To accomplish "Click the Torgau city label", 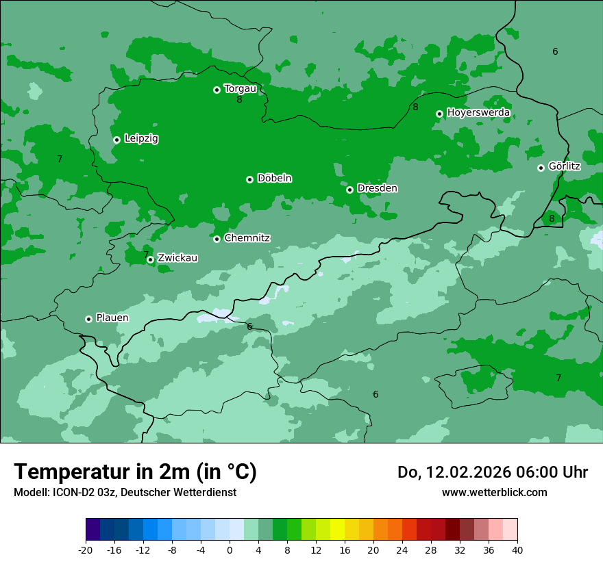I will (x=240, y=88).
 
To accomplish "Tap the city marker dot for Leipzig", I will (x=116, y=140).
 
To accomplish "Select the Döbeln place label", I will (x=274, y=179).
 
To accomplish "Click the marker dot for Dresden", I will (x=349, y=190).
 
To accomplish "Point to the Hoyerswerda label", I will (x=478, y=112).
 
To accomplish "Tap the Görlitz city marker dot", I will (x=541, y=168).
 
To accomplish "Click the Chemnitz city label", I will (x=247, y=238).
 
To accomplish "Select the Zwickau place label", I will (x=177, y=258).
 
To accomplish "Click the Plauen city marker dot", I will (x=88, y=319).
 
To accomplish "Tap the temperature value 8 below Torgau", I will (x=239, y=100).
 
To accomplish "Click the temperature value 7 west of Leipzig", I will (x=60, y=159).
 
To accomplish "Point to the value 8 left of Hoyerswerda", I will (x=415, y=107).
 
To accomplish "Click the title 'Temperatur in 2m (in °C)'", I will (x=135, y=472).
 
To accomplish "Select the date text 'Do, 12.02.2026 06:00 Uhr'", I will (x=493, y=472).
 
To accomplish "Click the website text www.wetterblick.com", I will (x=494, y=492).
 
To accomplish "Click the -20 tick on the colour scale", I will (x=86, y=550).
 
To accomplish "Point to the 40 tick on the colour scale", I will (x=517, y=550).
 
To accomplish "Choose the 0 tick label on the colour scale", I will (x=230, y=550).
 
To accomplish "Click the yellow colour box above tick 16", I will (x=337, y=530).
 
